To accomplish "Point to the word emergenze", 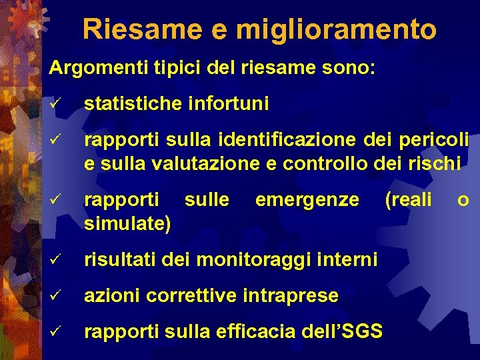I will pyautogui.click(x=307, y=199).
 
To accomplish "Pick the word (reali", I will pyautogui.click(x=408, y=199).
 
